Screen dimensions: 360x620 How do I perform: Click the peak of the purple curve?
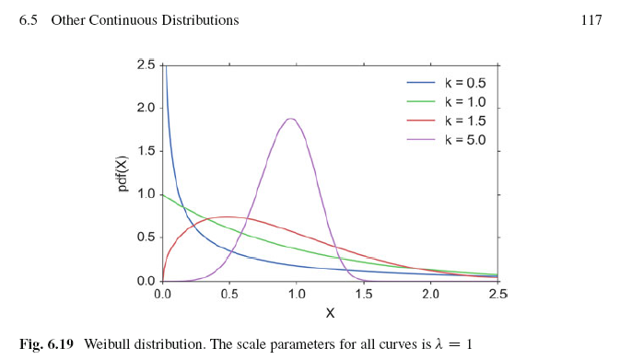click(292, 119)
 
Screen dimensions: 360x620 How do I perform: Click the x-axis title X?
click(330, 313)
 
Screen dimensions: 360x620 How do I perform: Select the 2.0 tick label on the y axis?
click(146, 108)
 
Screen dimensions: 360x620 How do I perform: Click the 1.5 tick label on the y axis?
click(146, 151)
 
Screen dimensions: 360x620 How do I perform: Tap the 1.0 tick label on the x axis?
click(297, 295)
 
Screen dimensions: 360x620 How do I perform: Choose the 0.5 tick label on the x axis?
click(229, 295)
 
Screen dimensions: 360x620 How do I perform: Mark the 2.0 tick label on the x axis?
click(430, 295)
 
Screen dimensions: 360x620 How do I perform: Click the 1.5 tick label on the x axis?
click(364, 295)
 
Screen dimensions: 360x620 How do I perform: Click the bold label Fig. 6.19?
click(48, 344)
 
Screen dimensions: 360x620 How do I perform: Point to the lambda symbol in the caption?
click(430, 344)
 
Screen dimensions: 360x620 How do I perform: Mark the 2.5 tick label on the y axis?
click(146, 64)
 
